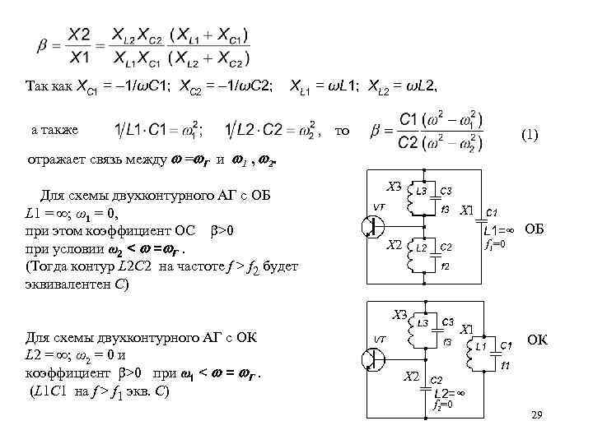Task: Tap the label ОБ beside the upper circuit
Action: (x=535, y=228)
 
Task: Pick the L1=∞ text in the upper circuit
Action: (x=500, y=230)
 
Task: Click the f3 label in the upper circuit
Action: (x=444, y=208)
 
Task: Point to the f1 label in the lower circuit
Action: (x=506, y=364)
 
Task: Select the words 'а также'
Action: (x=54, y=130)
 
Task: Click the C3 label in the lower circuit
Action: (x=448, y=321)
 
